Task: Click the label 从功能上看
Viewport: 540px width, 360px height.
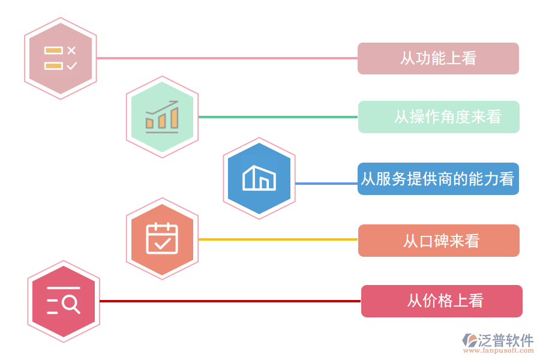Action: coord(438,58)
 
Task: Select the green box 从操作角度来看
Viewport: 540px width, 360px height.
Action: coord(439,117)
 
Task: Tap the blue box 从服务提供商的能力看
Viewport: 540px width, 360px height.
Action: coord(438,179)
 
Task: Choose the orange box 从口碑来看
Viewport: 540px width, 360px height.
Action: coord(439,241)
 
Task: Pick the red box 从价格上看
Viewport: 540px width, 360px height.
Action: coord(442,301)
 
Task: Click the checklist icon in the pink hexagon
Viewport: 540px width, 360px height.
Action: coord(61,58)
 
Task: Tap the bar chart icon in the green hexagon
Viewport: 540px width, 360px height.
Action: coord(162,118)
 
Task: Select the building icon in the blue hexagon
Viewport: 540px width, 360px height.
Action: coord(259,178)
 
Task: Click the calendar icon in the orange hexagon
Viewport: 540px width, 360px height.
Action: coord(162,238)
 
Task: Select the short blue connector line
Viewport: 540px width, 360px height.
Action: coord(326,184)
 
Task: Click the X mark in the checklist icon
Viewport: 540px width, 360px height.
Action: coord(71,50)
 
